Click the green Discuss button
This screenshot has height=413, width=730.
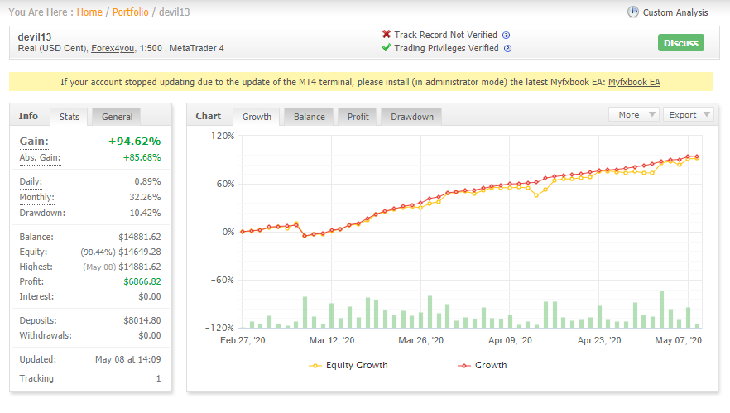(680, 43)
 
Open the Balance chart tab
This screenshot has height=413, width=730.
(310, 117)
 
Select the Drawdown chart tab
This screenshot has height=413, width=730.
(412, 117)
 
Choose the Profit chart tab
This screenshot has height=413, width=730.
(358, 117)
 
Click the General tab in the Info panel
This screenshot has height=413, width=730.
(118, 117)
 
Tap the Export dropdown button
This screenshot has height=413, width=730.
(689, 114)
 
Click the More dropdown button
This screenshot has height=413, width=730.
(634, 114)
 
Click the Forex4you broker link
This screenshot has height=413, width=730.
(113, 49)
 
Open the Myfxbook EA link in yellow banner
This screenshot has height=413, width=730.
(634, 82)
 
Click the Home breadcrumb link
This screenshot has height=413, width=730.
(89, 12)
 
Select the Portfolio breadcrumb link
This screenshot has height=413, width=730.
(131, 12)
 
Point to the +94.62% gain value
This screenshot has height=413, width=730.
(135, 141)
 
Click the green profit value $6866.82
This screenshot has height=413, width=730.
(142, 281)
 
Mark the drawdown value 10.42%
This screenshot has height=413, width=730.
(145, 213)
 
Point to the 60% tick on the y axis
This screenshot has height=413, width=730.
(225, 184)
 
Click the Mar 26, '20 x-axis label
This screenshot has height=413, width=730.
(420, 340)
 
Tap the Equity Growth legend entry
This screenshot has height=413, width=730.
(348, 366)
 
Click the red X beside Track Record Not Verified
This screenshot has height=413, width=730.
(387, 34)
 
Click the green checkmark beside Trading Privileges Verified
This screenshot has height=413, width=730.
(387, 47)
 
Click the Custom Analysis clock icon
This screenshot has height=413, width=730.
(632, 12)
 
